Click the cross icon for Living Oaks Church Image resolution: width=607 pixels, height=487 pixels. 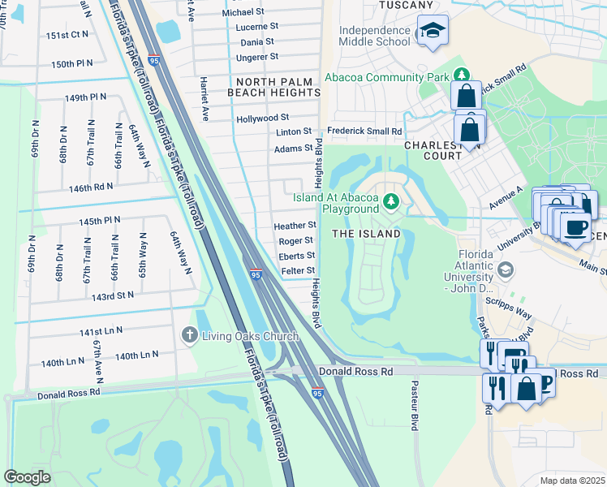coord(188,334)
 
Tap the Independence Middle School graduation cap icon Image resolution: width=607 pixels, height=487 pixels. coord(433,32)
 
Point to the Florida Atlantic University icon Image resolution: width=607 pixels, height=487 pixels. coord(505,269)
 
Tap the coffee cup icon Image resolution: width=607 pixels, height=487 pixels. coord(575,228)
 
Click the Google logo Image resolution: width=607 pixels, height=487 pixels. coord(28,476)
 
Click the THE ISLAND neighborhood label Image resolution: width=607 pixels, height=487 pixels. coord(366,234)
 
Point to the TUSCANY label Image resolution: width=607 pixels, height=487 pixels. coord(405,6)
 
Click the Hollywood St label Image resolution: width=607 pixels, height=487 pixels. coord(262,119)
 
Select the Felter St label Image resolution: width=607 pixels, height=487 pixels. coord(297,270)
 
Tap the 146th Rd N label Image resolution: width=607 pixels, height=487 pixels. coord(91,187)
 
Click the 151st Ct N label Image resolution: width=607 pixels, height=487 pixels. coord(67,35)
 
